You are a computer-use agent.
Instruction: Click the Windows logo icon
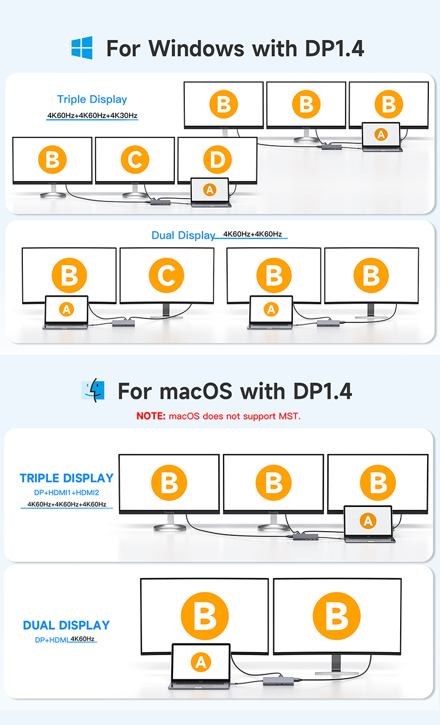pos(82,48)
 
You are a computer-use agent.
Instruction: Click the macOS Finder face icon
pos(93,391)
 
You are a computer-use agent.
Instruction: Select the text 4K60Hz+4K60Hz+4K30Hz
pos(92,116)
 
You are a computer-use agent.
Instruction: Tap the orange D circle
pos(217,160)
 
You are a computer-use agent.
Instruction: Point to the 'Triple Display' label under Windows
pos(92,99)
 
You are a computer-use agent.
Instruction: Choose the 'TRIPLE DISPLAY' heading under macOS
pos(66,478)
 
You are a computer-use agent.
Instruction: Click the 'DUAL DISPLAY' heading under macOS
pos(66,625)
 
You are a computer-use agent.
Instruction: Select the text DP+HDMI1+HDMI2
pos(66,492)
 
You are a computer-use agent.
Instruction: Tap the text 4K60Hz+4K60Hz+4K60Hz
pos(66,504)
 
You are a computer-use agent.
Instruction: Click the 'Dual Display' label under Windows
pos(183,236)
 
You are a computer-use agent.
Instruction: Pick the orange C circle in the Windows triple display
pos(135,160)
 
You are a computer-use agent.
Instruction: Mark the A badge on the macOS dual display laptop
pos(201,663)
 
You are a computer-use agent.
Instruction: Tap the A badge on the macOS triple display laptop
pos(368,521)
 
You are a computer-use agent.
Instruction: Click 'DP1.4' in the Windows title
pos(334,48)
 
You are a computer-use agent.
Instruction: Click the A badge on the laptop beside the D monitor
pos(209,189)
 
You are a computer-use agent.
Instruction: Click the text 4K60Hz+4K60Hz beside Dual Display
pos(252,234)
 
